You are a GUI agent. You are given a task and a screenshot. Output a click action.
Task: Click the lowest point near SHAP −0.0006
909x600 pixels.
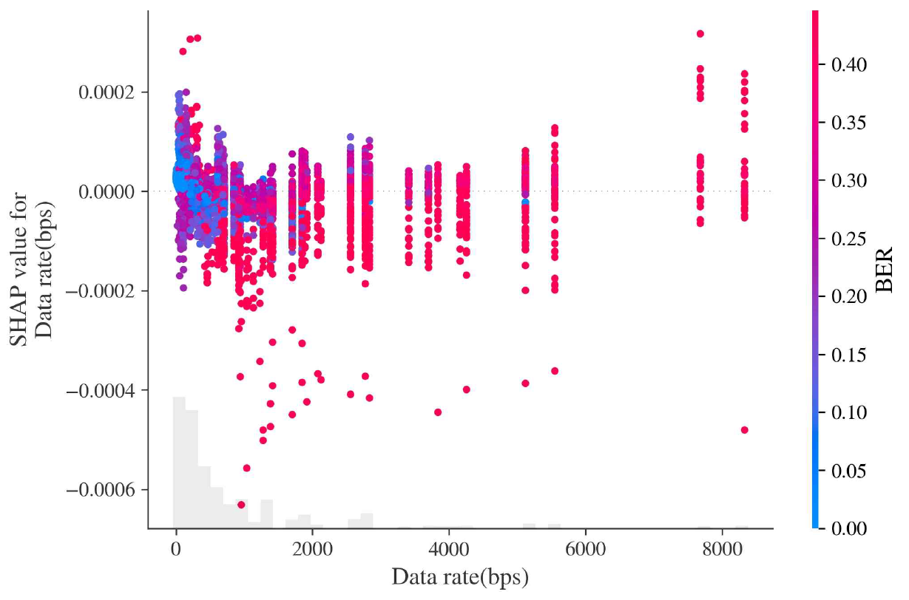coord(241,505)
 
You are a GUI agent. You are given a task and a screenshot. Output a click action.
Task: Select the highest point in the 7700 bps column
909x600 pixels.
coord(700,34)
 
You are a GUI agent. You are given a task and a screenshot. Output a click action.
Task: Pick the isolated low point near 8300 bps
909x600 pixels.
coord(744,430)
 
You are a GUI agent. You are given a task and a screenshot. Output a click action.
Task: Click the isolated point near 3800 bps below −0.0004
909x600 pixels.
coord(438,412)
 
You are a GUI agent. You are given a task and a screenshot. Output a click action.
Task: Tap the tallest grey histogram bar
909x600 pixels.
coord(179,462)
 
